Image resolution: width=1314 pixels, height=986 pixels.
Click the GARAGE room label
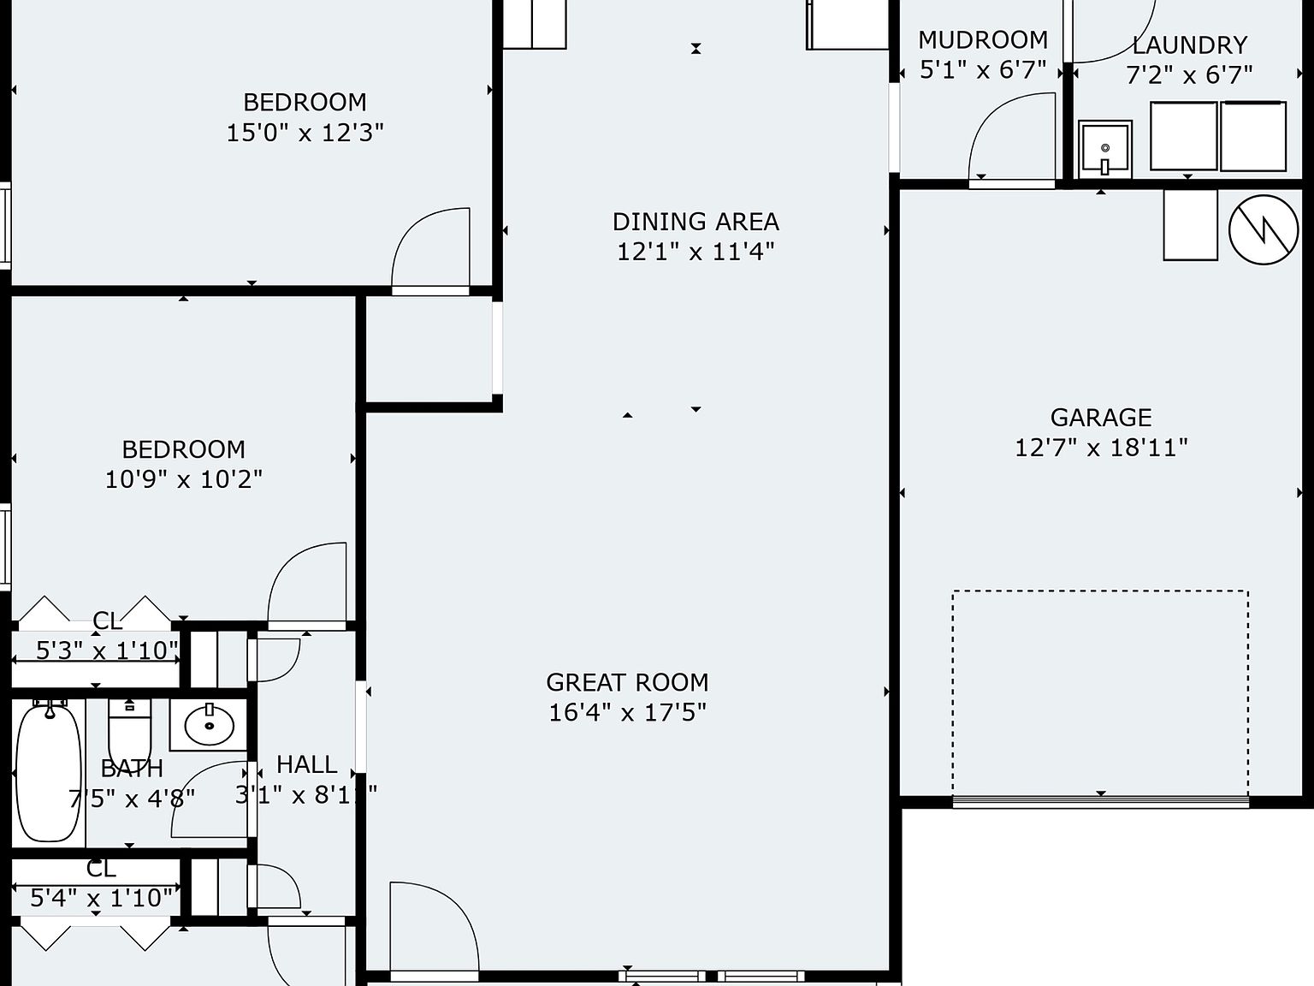click(x=1100, y=418)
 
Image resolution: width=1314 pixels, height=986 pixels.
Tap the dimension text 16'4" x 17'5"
click(x=627, y=712)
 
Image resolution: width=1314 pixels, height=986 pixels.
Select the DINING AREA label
click(x=695, y=222)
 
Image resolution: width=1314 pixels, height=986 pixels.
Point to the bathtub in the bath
click(x=49, y=770)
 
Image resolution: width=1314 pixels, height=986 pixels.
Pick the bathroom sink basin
click(x=209, y=725)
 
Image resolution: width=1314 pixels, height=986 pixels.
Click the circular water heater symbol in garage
click(x=1264, y=229)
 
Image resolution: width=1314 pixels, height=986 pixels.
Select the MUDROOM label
click(x=982, y=40)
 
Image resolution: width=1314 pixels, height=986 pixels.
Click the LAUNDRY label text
click(x=1189, y=45)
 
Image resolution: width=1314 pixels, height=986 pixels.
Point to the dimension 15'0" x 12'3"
click(x=305, y=133)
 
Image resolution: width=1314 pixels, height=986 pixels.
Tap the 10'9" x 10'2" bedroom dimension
click(x=183, y=479)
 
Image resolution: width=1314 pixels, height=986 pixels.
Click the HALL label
click(x=306, y=764)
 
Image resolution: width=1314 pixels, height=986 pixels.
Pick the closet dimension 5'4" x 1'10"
click(x=102, y=898)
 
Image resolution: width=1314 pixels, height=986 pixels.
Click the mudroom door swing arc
click(x=1009, y=137)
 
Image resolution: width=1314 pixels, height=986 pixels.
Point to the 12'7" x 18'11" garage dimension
click(x=1100, y=448)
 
